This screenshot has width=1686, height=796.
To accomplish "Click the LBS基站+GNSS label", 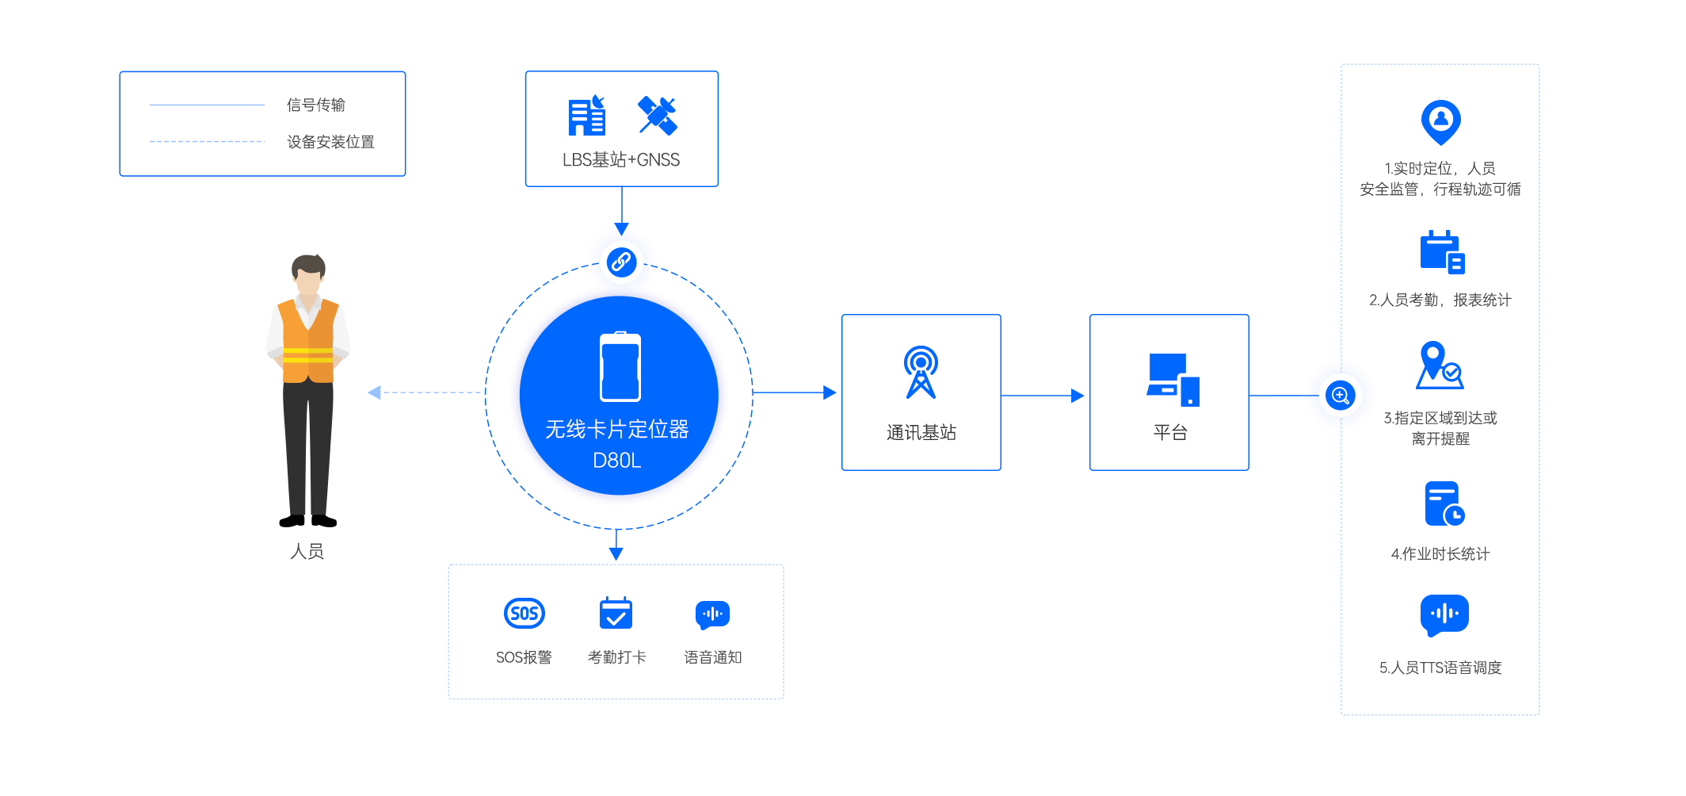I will (621, 160).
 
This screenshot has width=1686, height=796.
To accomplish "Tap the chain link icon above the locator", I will (622, 262).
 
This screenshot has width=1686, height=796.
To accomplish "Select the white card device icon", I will (620, 367).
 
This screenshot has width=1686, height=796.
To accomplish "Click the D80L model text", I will (616, 461).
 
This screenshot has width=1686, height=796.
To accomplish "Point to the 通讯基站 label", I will (921, 432).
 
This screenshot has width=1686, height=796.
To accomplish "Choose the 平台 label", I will (1170, 432).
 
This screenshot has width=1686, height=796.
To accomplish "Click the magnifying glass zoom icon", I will (1340, 395).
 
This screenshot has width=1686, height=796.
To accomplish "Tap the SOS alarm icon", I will (524, 613).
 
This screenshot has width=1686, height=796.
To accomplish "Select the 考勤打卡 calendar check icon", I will (616, 612).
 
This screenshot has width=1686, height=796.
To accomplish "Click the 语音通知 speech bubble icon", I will (712, 614).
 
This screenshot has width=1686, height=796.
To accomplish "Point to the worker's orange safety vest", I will (308, 341).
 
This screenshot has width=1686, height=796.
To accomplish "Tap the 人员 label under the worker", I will (307, 551).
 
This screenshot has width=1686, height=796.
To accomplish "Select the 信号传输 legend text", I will (316, 105).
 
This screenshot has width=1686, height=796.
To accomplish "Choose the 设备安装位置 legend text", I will (330, 142).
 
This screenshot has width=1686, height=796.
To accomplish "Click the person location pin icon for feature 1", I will (1440, 122).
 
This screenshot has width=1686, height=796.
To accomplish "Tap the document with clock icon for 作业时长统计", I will (1444, 503).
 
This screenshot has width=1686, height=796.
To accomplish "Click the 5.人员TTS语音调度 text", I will (1440, 668).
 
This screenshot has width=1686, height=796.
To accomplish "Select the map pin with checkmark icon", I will (1440, 365).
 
